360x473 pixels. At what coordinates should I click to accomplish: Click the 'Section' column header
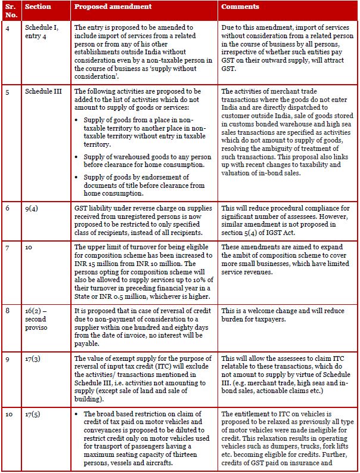tap(39, 7)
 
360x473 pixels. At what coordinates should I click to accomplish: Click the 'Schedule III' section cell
tap(43, 91)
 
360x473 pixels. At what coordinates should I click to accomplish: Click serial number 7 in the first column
tap(7, 246)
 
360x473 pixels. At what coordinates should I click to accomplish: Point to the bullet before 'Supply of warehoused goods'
tap(77, 156)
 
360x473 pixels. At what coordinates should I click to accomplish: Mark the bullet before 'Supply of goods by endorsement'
tap(77, 177)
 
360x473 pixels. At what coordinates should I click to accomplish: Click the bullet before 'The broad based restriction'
tap(77, 414)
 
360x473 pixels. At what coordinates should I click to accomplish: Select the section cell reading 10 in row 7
tap(29, 246)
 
